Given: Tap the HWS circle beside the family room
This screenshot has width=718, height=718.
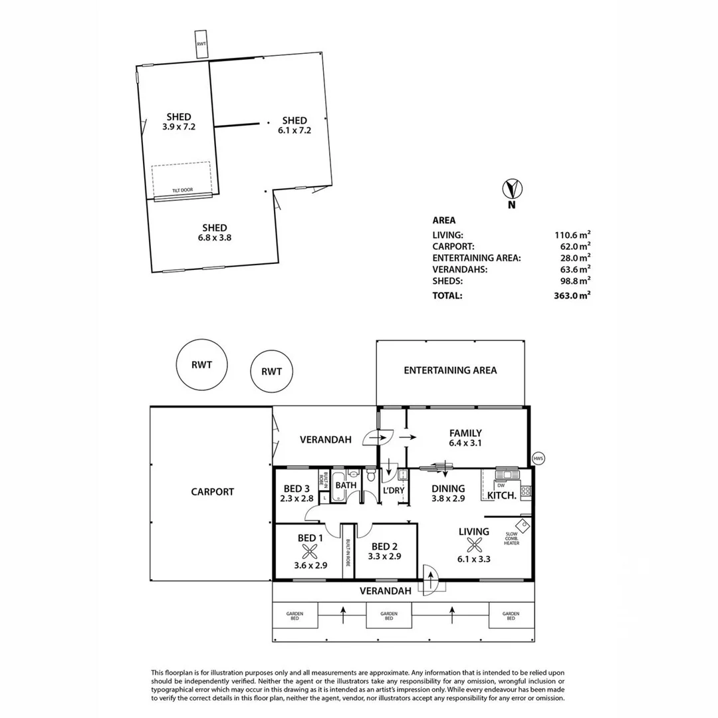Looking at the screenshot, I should coord(538,459).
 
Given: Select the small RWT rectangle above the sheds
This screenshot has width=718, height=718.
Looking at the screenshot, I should coord(201,43).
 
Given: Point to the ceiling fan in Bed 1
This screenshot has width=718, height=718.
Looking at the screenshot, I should coord(309,550).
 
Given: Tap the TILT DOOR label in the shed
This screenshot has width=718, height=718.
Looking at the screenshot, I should coord(182,190).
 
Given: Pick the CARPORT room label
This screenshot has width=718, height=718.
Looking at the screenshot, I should coord(212,492).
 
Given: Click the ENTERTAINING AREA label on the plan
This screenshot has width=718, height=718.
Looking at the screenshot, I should coord(450,370).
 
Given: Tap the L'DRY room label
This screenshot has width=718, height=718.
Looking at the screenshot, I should coord(393,490).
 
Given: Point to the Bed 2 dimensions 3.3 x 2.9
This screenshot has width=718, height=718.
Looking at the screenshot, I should coord(384,556).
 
